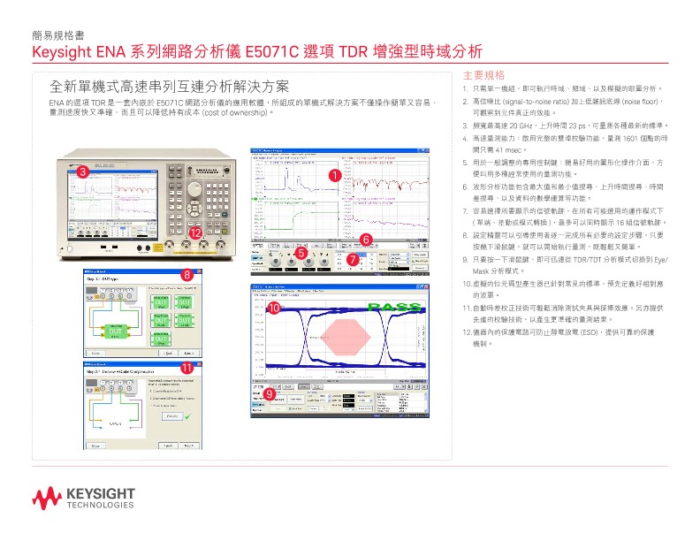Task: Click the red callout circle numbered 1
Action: coord(334,176)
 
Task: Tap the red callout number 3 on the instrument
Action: coord(81,171)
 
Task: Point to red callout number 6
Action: coord(364,239)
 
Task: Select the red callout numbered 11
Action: coord(186,367)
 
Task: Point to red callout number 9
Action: coord(268,392)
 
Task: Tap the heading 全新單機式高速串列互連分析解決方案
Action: coord(170,87)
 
